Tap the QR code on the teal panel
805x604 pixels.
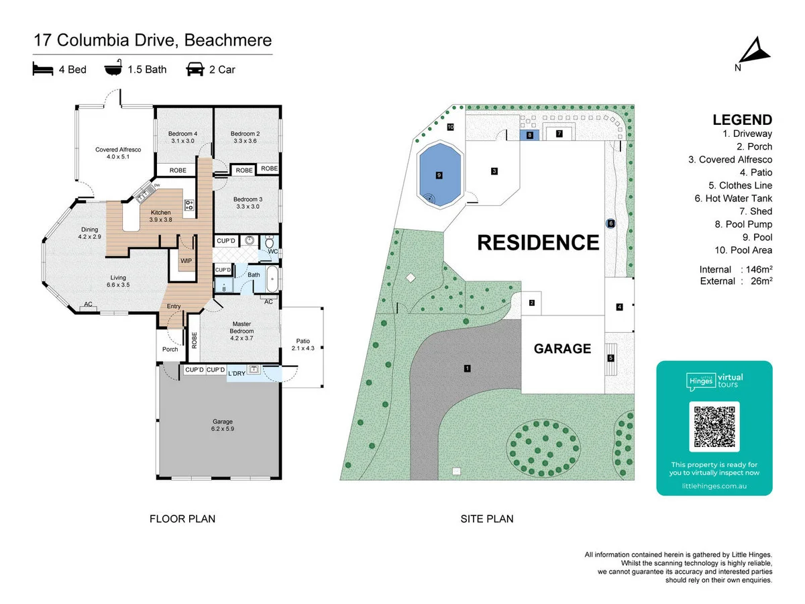[x=714, y=426]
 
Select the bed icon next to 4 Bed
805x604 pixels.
[x=43, y=69]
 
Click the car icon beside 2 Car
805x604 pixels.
[x=195, y=69]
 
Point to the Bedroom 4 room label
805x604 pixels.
[x=182, y=137]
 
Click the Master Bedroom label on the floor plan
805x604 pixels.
[x=241, y=331]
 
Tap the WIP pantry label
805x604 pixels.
[x=186, y=261]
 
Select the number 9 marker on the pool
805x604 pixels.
[x=439, y=175]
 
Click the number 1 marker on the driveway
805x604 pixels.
[x=467, y=368]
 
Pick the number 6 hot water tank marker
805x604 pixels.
[x=610, y=223]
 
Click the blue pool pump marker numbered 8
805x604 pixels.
[x=529, y=135]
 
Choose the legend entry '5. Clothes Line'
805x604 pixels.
[x=740, y=185]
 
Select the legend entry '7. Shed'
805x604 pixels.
[x=755, y=211]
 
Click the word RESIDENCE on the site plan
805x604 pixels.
[x=538, y=242]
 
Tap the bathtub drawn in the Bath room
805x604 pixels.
[x=272, y=279]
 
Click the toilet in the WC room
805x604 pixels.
[x=269, y=242]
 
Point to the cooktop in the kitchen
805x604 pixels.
[x=189, y=205]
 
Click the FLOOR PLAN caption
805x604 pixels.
[x=182, y=519]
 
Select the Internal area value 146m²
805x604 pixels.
[x=759, y=269]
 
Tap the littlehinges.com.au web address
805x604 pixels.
[x=714, y=486]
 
